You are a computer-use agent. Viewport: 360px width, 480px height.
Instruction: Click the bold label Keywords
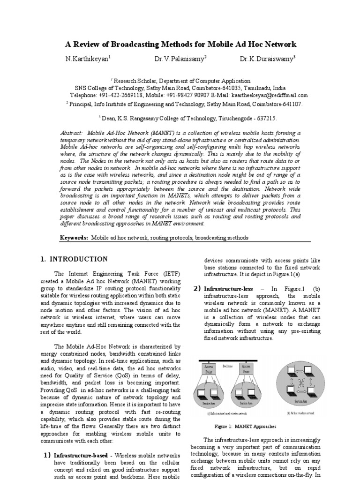(x=74, y=238)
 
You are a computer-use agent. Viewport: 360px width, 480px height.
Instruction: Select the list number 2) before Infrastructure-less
(x=197, y=288)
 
